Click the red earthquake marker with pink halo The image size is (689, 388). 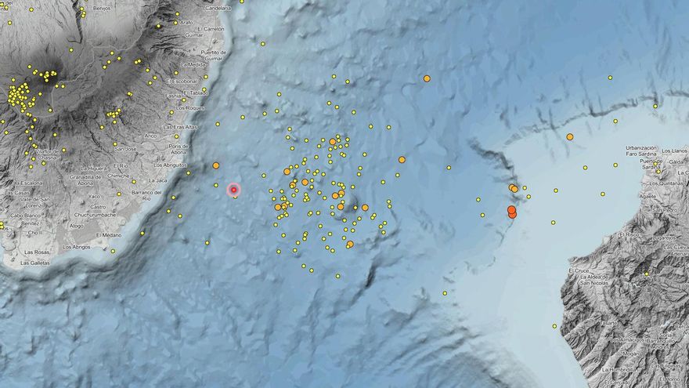coord(233,190)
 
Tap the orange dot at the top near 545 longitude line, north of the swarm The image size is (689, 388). coord(427,78)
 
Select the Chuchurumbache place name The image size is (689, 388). coord(96,214)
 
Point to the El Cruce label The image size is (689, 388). coord(579,271)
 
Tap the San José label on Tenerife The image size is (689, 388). coord(126,149)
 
